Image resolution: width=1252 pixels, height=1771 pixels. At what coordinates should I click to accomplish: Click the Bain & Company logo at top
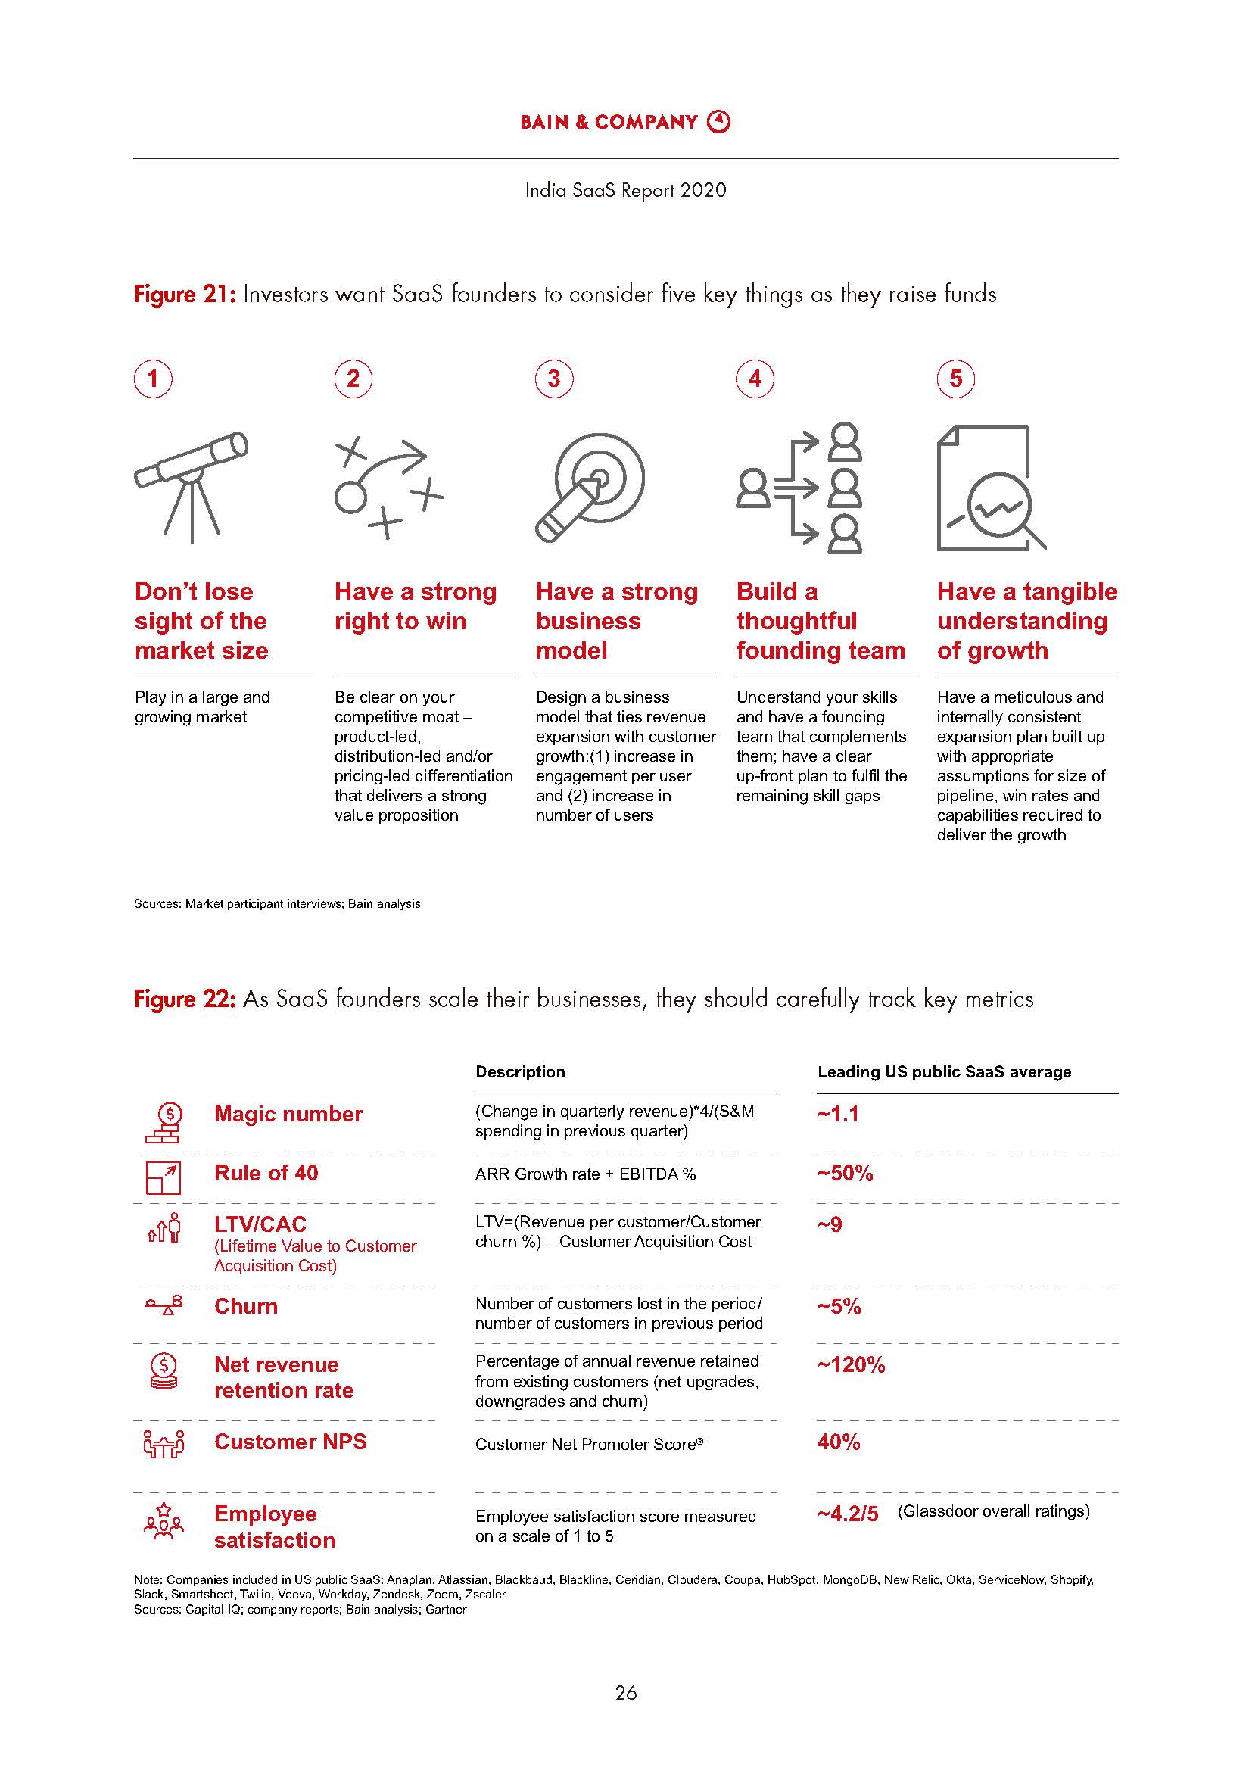pyautogui.click(x=624, y=122)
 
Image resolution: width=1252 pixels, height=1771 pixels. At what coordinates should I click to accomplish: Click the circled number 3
pyautogui.click(x=553, y=379)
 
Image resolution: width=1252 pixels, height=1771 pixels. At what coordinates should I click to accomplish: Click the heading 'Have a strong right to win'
pyautogui.click(x=415, y=606)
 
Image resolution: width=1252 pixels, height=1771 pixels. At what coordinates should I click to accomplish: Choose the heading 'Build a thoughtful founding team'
pyautogui.click(x=820, y=621)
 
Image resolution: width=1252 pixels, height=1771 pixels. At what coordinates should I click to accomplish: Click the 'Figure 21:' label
pyautogui.click(x=184, y=295)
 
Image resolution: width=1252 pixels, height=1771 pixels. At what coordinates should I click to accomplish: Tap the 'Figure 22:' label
pyautogui.click(x=184, y=999)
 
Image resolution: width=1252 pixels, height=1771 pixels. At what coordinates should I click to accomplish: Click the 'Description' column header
pyautogui.click(x=519, y=1071)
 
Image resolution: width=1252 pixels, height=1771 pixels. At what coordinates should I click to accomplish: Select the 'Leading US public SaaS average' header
pyautogui.click(x=944, y=1071)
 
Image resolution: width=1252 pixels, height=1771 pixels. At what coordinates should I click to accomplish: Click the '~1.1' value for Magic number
pyautogui.click(x=837, y=1114)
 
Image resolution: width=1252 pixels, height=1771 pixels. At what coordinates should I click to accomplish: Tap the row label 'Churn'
pyautogui.click(x=246, y=1306)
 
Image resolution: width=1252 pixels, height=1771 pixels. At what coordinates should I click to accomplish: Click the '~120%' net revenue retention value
pyautogui.click(x=851, y=1364)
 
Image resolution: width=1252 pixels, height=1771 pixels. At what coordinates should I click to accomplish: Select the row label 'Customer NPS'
pyautogui.click(x=290, y=1442)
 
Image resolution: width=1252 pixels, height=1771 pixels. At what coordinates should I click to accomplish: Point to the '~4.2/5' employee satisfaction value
pyautogui.click(x=847, y=1514)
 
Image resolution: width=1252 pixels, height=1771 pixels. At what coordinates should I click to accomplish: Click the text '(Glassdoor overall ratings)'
pyautogui.click(x=993, y=1511)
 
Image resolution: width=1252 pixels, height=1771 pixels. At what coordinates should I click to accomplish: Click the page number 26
pyautogui.click(x=625, y=1693)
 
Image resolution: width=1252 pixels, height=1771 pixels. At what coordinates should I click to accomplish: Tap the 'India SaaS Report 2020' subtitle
pyautogui.click(x=625, y=191)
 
